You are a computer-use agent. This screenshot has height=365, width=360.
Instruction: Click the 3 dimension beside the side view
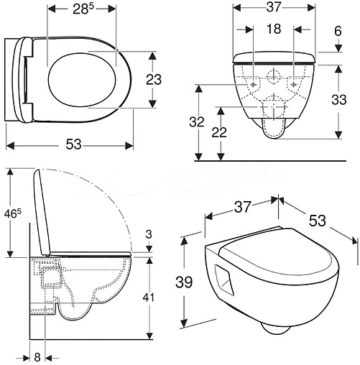click(148, 234)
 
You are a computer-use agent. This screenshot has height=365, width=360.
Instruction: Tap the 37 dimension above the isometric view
click(241, 207)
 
